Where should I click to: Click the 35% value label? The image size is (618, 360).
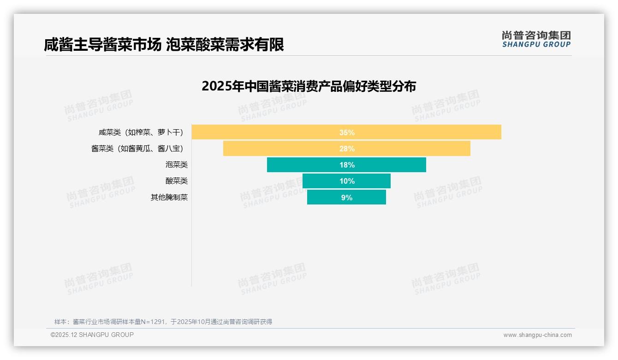click(347, 132)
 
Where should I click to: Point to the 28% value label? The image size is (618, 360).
click(347, 149)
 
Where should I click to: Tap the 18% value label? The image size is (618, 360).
click(347, 165)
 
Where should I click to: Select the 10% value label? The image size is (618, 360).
click(347, 181)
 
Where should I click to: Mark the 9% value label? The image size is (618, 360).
click(347, 198)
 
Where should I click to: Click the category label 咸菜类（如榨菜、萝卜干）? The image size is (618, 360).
click(141, 132)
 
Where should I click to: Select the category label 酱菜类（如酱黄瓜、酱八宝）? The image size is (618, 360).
click(137, 149)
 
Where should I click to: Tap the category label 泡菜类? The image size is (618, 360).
click(177, 165)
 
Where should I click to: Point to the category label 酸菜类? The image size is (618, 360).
click(177, 181)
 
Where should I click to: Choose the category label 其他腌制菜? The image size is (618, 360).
click(169, 198)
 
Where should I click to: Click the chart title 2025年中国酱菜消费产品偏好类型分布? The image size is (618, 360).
click(309, 86)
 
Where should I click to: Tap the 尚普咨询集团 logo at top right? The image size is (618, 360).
click(536, 39)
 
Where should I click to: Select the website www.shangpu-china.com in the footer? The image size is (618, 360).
click(537, 335)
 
